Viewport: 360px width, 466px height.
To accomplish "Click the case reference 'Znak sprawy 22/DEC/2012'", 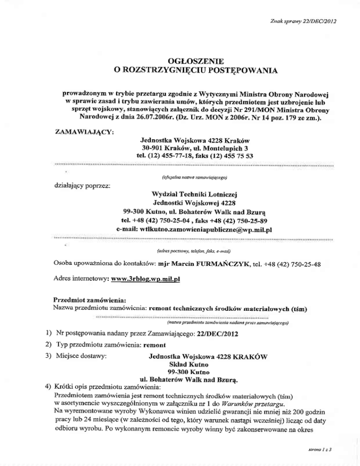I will point(303,22).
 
